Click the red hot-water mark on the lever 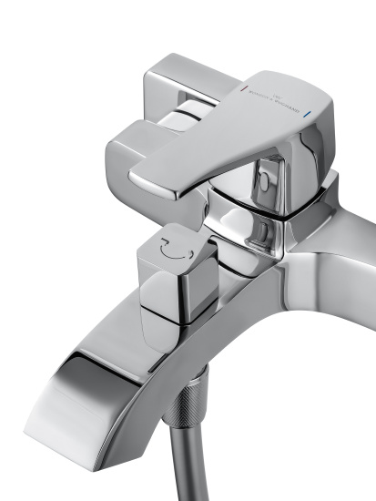coord(243,91)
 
